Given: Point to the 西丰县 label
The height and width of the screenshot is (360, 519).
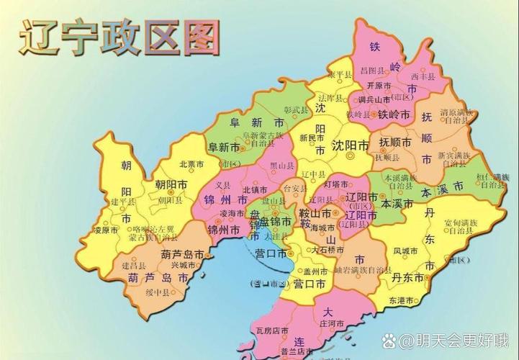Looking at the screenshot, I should pos(423,76).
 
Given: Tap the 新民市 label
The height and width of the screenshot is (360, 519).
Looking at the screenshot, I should pos(312,138).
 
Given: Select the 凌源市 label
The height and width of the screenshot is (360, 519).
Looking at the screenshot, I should pos(106,231).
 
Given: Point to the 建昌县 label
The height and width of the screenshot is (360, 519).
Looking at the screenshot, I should pos(135,265).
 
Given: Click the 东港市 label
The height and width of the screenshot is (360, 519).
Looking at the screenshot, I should pos(402,300).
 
